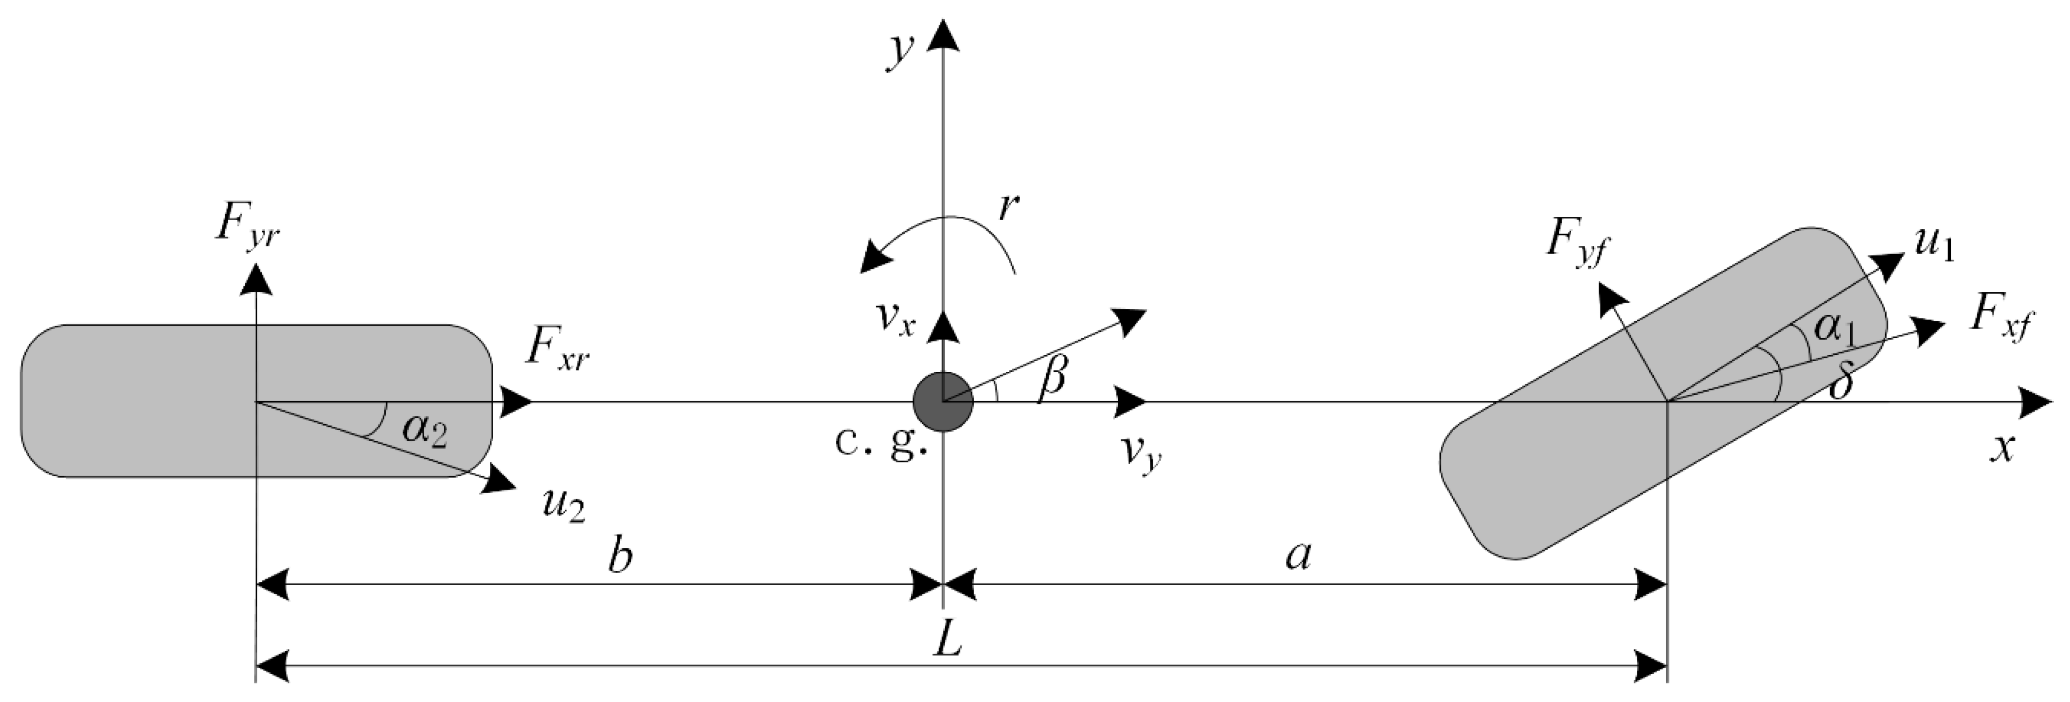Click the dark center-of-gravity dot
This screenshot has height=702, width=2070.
(x=943, y=401)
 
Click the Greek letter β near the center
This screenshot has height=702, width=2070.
(x=1053, y=375)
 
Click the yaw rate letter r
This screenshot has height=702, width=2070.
(x=1008, y=207)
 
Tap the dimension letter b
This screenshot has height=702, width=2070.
(x=620, y=556)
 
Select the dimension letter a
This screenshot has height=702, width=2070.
(x=1298, y=556)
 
